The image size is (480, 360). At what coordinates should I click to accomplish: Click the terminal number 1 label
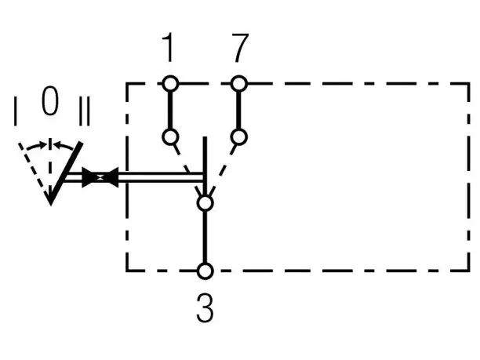(x=169, y=47)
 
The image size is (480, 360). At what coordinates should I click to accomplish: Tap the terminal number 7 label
(x=240, y=48)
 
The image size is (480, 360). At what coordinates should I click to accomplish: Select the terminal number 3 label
(x=205, y=307)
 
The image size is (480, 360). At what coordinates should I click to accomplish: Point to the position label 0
(x=50, y=100)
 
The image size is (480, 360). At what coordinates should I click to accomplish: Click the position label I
(x=16, y=111)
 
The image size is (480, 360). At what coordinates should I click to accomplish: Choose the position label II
(x=85, y=111)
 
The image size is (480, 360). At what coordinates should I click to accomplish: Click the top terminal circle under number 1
(x=170, y=83)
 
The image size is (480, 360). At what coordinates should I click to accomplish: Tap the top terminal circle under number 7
(x=238, y=83)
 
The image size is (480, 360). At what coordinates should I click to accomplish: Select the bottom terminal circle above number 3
(x=205, y=271)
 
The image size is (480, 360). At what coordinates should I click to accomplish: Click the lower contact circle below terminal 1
(x=170, y=136)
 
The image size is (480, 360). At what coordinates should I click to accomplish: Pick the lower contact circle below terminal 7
(x=238, y=136)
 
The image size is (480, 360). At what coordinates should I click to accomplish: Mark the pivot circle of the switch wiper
(x=205, y=203)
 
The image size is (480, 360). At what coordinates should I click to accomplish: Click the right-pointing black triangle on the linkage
(x=89, y=177)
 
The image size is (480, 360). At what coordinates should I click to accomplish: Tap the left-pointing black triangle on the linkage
(x=111, y=177)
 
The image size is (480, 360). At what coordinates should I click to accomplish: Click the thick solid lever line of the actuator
(x=66, y=173)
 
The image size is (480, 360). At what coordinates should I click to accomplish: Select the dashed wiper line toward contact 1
(x=187, y=169)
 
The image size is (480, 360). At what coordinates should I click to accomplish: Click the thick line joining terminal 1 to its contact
(x=170, y=110)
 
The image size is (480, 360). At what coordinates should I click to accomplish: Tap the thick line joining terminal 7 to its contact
(x=238, y=110)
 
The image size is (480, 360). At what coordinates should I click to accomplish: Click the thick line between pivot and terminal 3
(x=205, y=237)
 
